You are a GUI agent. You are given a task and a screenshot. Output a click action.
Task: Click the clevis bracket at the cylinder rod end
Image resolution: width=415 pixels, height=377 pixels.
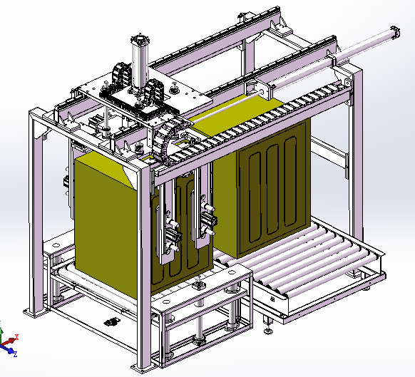(x=264, y=91)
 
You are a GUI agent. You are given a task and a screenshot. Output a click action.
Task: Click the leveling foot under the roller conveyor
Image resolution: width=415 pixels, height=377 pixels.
(x=268, y=329)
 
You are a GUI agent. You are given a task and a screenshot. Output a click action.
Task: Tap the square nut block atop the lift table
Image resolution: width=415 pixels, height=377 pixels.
(x=198, y=286)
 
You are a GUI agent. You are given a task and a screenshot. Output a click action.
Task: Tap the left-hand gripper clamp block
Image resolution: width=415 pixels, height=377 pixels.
(x=173, y=235)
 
